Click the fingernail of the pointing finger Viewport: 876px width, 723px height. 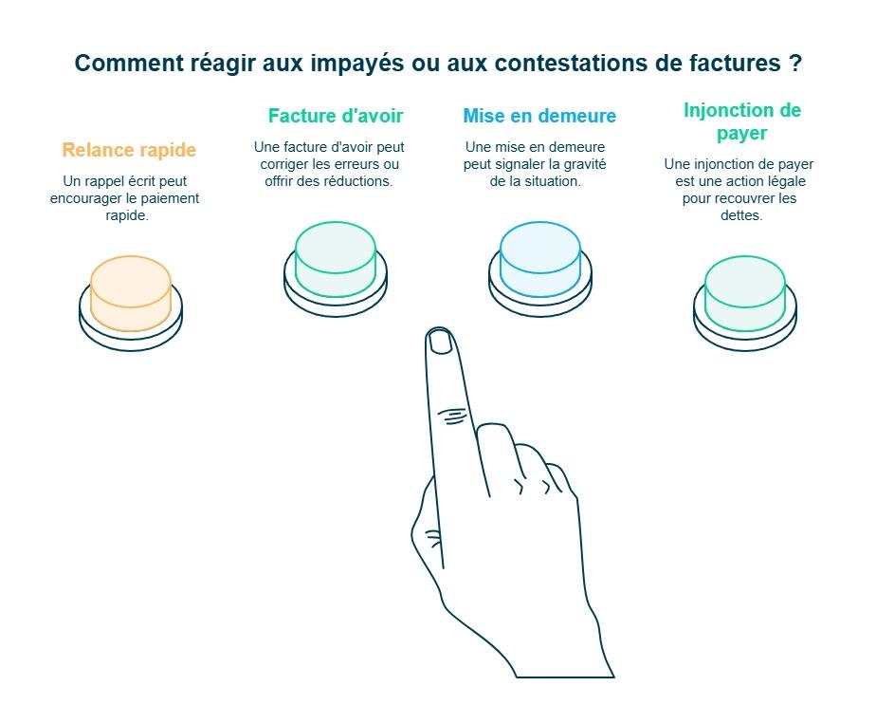click(x=440, y=341)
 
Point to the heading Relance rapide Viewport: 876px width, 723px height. click(x=129, y=150)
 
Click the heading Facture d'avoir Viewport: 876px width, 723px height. click(x=336, y=116)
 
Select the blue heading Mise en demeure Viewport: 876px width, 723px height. click(x=539, y=116)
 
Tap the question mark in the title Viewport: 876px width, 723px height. click(x=795, y=63)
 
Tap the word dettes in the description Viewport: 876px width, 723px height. click(x=741, y=215)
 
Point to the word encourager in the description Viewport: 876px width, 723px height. click(x=85, y=199)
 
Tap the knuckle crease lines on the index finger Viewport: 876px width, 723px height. click(x=452, y=416)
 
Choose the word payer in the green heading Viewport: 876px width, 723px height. click(x=742, y=134)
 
